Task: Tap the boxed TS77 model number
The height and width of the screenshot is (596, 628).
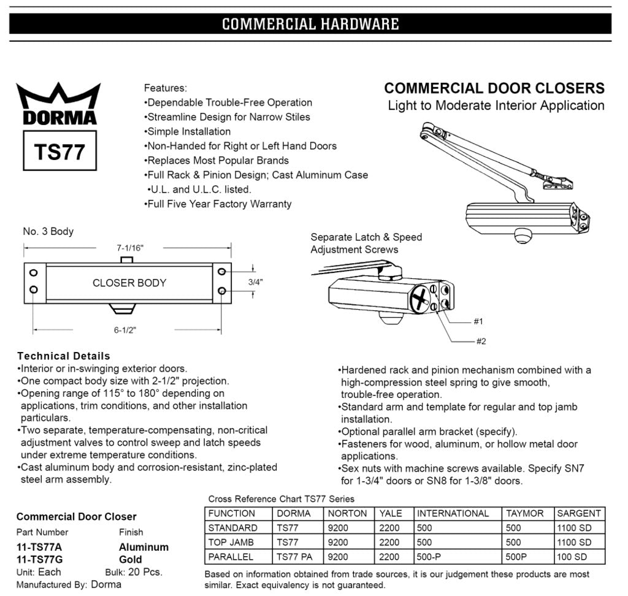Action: (x=59, y=151)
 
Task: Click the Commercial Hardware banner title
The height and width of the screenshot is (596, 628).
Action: (x=310, y=24)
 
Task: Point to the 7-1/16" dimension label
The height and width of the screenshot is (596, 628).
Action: (x=129, y=248)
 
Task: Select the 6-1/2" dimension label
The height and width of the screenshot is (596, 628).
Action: (x=125, y=329)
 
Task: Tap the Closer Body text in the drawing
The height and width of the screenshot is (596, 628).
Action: (x=129, y=283)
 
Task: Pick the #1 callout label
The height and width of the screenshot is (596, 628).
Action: (x=478, y=321)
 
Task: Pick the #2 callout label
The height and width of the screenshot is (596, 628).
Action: (x=481, y=341)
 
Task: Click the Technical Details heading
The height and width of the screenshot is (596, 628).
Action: (x=64, y=356)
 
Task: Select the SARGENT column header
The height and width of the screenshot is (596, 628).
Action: (x=579, y=513)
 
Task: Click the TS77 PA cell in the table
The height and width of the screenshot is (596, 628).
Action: (x=294, y=557)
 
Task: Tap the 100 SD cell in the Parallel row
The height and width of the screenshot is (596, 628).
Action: (x=572, y=557)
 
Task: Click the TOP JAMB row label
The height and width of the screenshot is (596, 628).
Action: (x=231, y=542)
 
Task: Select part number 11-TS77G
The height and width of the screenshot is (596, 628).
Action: (x=39, y=559)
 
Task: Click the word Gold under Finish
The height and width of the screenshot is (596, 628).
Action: (x=131, y=559)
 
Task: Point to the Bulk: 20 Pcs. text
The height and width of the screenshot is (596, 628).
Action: (x=140, y=571)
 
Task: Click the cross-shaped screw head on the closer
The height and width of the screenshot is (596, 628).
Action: (x=420, y=301)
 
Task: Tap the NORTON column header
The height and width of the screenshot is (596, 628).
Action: (x=348, y=513)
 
